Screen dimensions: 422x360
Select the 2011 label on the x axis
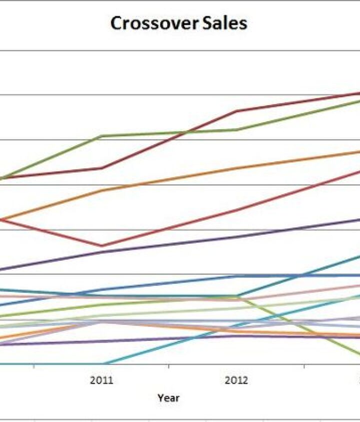pyautogui.click(x=101, y=381)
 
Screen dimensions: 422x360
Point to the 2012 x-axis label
pyautogui.click(x=236, y=381)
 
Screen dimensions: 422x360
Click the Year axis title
pyautogui.click(x=168, y=398)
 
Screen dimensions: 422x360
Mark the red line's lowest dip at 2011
pyautogui.click(x=102, y=246)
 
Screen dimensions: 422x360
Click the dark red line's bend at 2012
pyautogui.click(x=236, y=111)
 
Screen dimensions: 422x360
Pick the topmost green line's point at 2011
pyautogui.click(x=102, y=136)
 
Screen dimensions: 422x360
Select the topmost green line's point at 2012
pyautogui.click(x=236, y=130)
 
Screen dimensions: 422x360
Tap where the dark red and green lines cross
pyautogui.click(x=186, y=132)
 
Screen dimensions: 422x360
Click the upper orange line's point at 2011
pyautogui.click(x=102, y=190)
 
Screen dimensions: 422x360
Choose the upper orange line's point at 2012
pyautogui.click(x=236, y=168)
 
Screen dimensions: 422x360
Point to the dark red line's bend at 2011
pyautogui.click(x=102, y=168)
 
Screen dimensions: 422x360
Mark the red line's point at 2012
pyautogui.click(x=236, y=210)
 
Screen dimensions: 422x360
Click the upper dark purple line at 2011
pyautogui.click(x=102, y=252)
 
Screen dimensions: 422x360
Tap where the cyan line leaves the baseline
pyautogui.click(x=103, y=364)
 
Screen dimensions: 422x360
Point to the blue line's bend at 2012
pyautogui.click(x=236, y=276)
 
